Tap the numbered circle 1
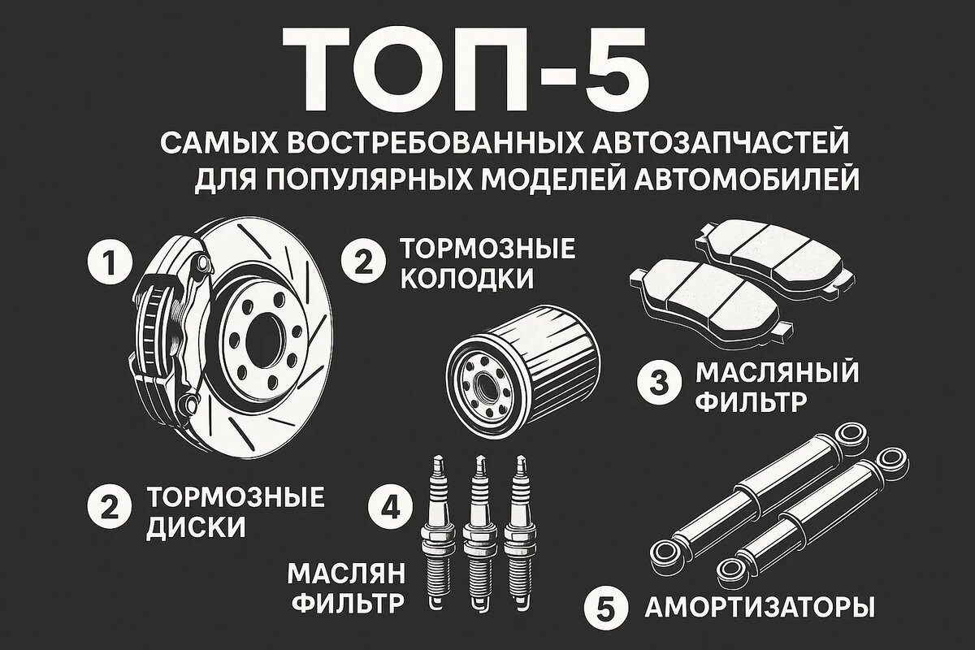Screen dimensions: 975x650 [110, 262]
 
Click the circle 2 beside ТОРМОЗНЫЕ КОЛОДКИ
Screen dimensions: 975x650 [363, 263]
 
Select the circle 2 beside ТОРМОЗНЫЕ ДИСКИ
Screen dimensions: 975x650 [110, 507]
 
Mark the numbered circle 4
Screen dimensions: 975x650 [391, 507]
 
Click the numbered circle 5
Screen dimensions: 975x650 [606, 607]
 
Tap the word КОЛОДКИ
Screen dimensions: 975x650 [466, 279]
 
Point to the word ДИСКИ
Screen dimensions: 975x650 [196, 528]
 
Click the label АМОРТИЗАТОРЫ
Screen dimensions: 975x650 [760, 607]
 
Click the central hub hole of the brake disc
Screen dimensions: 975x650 [265, 338]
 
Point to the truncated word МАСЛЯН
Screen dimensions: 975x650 [346, 574]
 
